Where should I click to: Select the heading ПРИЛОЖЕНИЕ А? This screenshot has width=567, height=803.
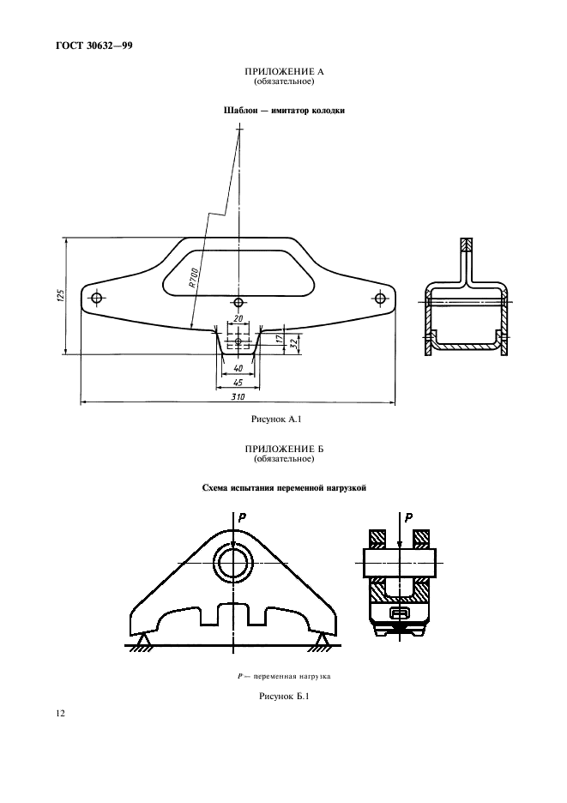coord(283,74)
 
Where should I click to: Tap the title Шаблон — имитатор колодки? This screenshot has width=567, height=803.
coord(283,111)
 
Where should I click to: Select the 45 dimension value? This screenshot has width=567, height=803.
coord(238,382)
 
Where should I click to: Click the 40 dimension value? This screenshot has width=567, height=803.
coord(238,368)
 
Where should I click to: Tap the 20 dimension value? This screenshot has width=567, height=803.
coord(238,319)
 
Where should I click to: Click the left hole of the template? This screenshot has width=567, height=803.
coord(96,299)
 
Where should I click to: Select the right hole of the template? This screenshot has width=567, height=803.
coord(380,299)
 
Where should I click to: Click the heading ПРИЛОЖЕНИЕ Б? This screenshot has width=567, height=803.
coord(283,451)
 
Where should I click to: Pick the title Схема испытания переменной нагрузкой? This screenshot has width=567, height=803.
coord(283,487)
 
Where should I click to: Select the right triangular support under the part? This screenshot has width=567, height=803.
coord(323,639)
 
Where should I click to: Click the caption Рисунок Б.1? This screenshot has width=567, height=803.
coord(283,696)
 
